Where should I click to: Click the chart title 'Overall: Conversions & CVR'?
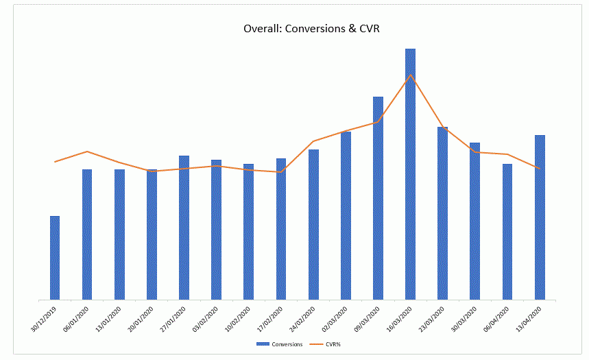pos(311,29)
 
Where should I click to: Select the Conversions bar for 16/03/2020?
pos(410,174)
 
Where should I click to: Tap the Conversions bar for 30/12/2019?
pos(55,258)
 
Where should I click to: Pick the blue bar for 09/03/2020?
pos(378,198)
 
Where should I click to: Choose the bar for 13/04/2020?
pos(540,217)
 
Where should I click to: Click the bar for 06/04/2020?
pos(507,232)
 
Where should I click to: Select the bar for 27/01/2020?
pos(184,228)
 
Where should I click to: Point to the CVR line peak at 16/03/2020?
pos(411,75)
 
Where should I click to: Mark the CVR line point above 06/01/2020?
pos(87,152)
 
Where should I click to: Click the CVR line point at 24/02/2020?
pos(313,141)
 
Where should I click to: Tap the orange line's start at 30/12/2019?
pos(55,162)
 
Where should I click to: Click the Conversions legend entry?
pos(280,344)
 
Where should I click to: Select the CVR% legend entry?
pos(325,344)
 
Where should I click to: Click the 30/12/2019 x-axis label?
pos(44,319)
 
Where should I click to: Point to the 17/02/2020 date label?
pos(270,319)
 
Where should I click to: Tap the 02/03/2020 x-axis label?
pos(335,319)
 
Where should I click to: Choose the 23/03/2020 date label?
pos(431,319)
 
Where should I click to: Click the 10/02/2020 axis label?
pos(238,319)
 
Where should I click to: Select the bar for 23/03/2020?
pos(442,213)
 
